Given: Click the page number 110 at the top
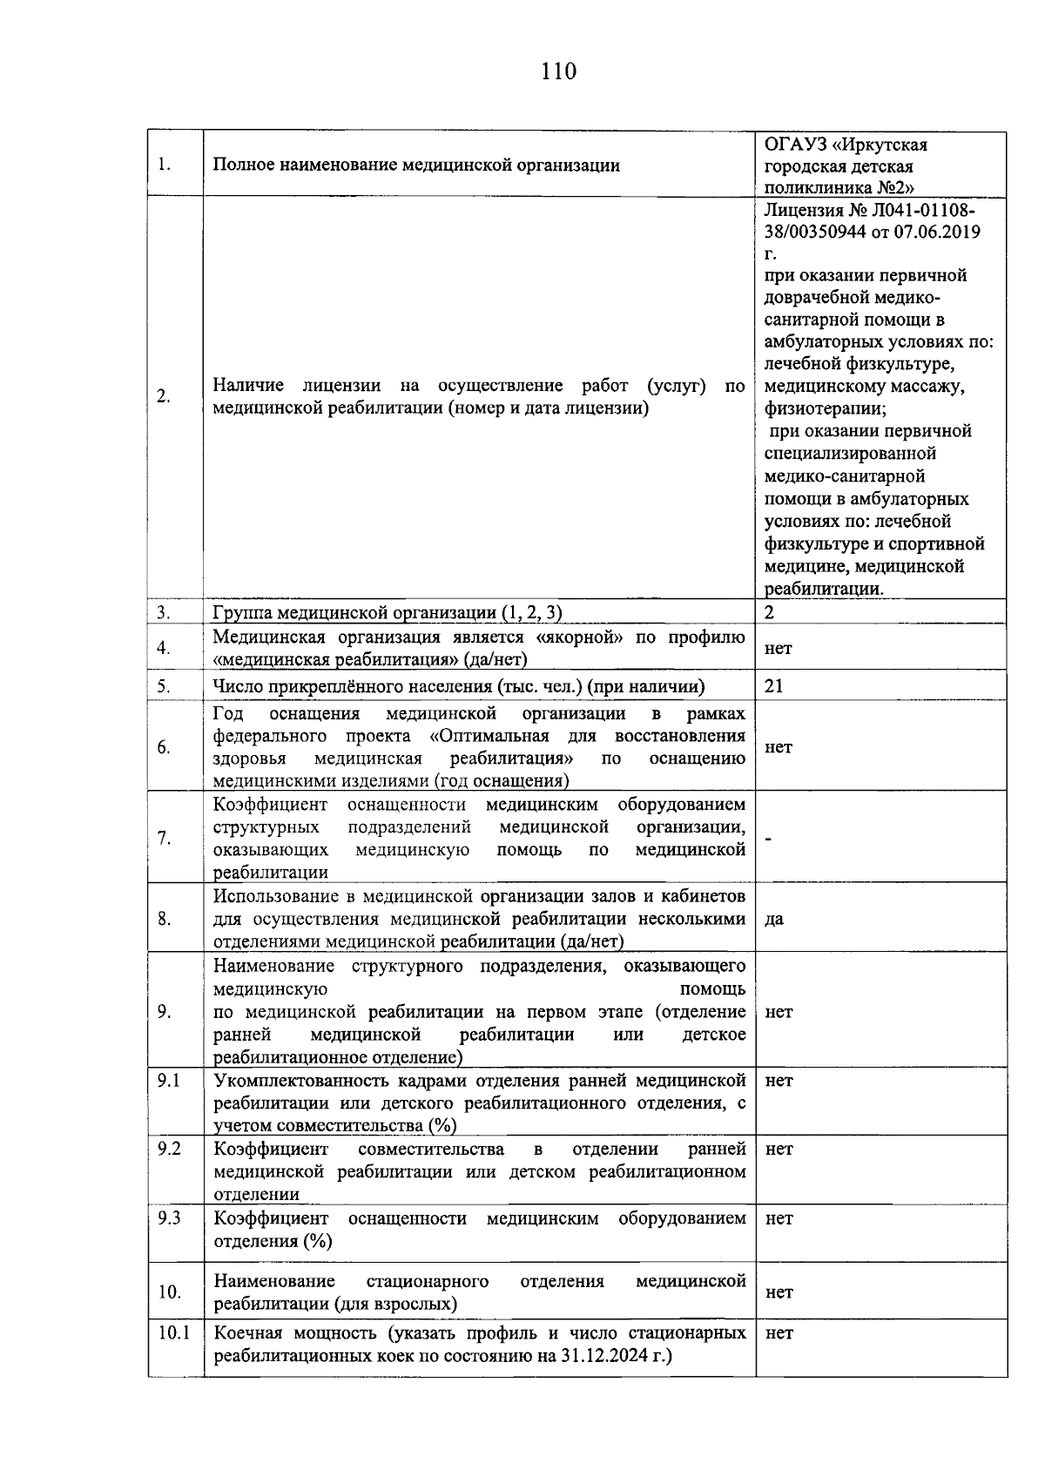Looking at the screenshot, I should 558,71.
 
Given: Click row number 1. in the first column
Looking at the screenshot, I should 164,165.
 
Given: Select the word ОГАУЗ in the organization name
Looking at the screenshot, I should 795,144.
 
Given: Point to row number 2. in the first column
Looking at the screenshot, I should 164,397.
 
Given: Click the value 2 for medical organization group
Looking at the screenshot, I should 769,612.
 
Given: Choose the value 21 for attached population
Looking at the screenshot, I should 774,686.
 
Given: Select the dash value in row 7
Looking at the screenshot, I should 769,839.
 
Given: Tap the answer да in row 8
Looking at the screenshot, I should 774,920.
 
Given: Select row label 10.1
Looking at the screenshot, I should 173,1333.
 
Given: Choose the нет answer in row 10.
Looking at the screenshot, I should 779,1293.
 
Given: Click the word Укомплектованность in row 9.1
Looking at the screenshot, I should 297,1081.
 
